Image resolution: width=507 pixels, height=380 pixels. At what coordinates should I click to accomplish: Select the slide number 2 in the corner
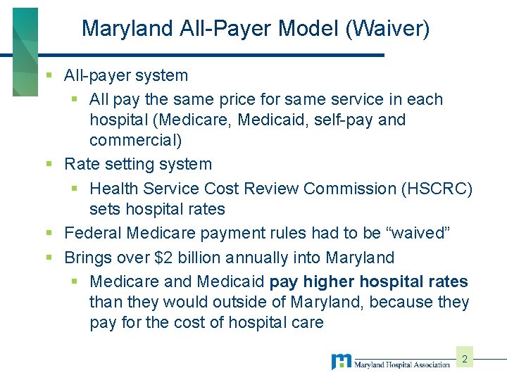[x=465, y=360]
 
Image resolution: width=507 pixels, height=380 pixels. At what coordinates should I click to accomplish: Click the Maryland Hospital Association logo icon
[x=342, y=362]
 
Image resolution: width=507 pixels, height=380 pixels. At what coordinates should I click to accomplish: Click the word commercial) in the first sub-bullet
[x=136, y=140]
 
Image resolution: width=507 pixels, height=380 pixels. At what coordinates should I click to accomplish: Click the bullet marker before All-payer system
[x=49, y=75]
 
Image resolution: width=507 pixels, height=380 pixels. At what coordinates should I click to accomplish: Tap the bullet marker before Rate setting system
[x=49, y=165]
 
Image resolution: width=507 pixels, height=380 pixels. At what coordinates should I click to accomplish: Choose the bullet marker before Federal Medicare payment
[x=49, y=233]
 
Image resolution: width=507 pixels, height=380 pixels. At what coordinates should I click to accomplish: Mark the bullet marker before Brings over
[x=49, y=258]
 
